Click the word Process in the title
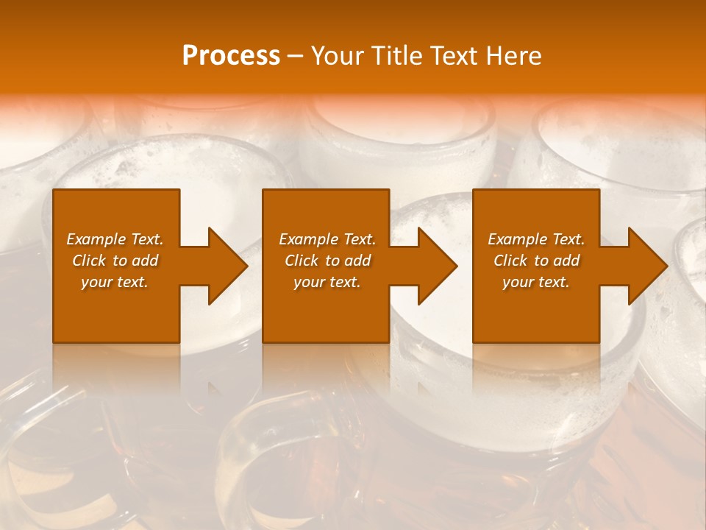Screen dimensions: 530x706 [231, 56]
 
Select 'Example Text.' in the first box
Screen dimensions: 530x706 [115, 239]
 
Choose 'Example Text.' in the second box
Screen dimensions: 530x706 [327, 239]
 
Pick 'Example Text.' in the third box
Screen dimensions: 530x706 [536, 239]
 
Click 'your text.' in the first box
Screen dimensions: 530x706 [115, 282]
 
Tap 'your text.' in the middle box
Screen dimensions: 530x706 [327, 282]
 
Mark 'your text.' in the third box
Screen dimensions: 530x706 [536, 282]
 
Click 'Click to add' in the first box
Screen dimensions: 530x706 [115, 261]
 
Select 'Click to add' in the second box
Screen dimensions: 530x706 [327, 261]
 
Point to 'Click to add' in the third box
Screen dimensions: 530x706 [536, 261]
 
